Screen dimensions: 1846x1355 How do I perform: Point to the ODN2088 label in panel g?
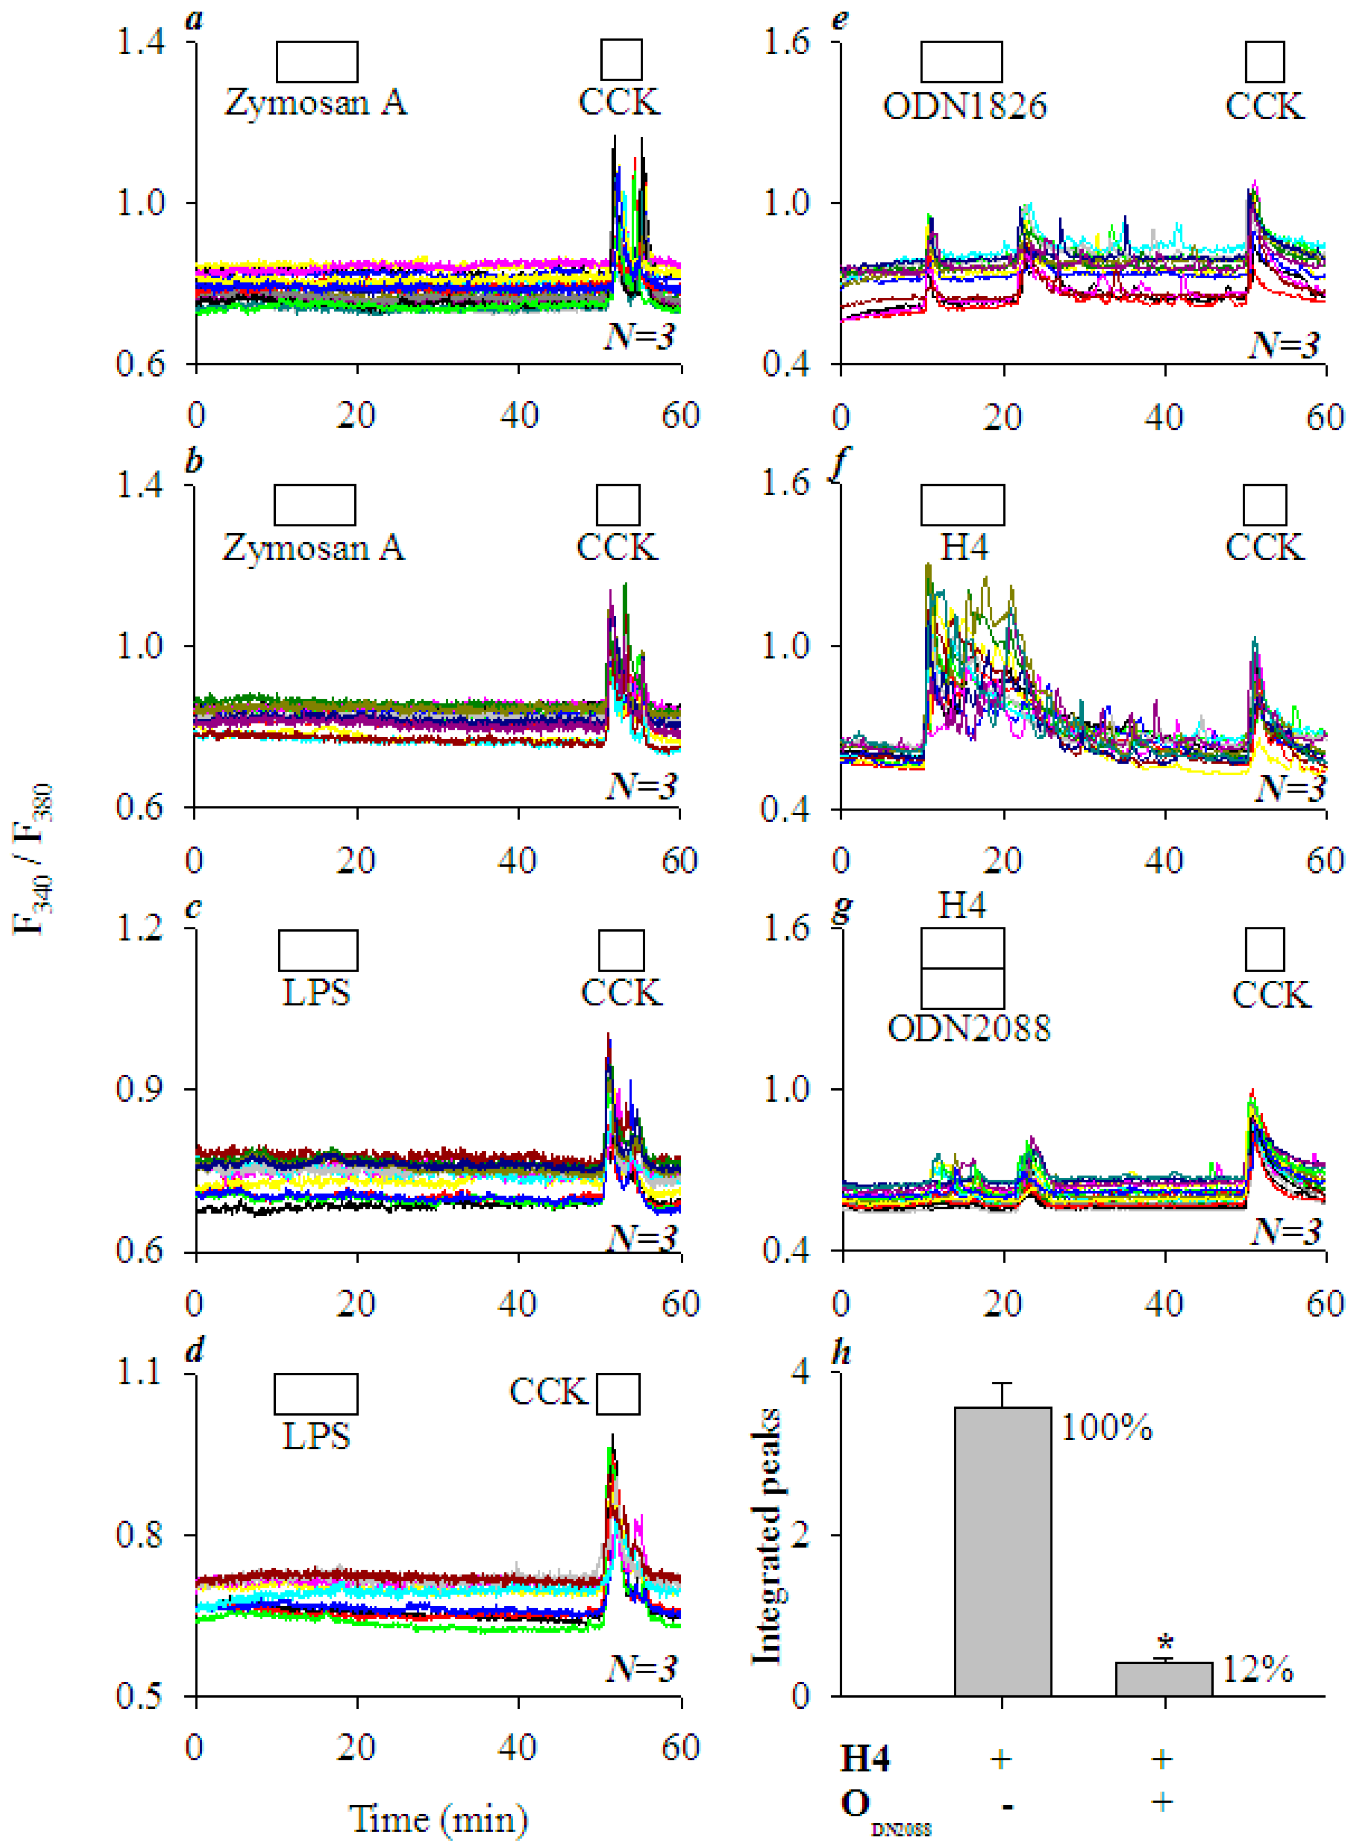coord(969,1028)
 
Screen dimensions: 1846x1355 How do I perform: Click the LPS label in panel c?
coord(317,993)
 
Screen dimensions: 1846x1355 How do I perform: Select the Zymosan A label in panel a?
coord(316,102)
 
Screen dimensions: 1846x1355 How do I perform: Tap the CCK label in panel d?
coord(548,1392)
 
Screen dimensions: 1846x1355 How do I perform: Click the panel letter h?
coord(841,1353)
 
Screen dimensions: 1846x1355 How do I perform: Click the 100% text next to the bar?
coord(1107,1428)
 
